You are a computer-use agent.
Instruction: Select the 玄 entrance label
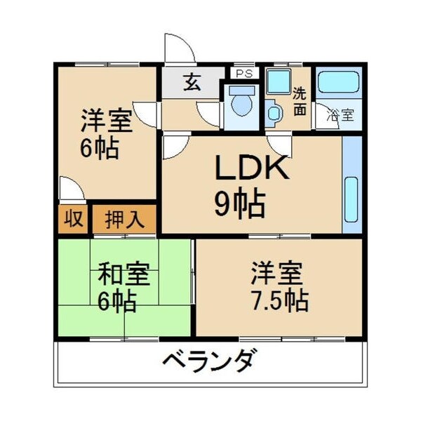pos(192,83)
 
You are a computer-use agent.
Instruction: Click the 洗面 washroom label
pos(300,100)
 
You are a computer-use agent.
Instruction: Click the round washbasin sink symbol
pos(274,112)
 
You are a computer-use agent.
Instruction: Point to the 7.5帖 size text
pos(280,300)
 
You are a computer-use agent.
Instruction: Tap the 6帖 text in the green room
pos(116,302)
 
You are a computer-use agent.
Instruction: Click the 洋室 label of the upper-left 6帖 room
pos(105,121)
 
